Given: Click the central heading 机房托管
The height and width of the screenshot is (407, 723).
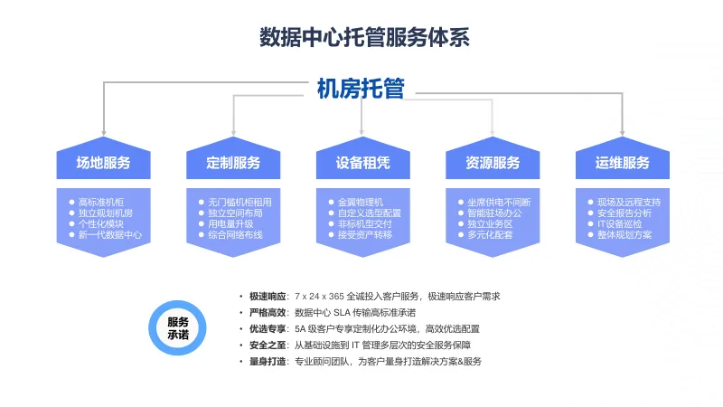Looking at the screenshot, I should [361, 88].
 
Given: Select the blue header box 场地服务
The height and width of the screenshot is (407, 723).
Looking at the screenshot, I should [103, 163].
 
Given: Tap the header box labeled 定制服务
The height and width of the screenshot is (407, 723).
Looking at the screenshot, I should [233, 163].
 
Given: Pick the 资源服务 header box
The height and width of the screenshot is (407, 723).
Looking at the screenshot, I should [493, 163].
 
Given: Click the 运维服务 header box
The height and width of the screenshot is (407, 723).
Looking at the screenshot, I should [623, 163].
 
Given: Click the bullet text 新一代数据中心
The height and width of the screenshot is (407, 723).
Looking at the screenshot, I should [110, 234].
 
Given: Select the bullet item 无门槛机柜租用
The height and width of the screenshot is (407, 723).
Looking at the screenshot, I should [239, 202].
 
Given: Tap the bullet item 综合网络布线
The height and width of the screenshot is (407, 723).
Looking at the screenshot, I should [235, 234].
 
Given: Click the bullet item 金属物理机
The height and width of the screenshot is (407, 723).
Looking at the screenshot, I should [360, 202].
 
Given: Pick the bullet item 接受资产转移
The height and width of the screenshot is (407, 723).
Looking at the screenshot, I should [364, 234].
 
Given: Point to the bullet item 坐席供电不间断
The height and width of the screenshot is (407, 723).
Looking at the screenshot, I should [499, 202].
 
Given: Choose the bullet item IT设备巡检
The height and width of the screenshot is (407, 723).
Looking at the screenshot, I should [620, 223].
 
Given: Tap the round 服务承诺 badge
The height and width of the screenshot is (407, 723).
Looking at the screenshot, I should [178, 328].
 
